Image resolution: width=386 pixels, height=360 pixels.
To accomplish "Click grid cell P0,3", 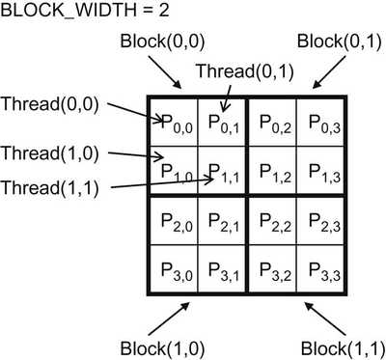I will [x=319, y=123].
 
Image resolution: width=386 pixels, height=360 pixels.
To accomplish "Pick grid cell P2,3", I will [x=319, y=221].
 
